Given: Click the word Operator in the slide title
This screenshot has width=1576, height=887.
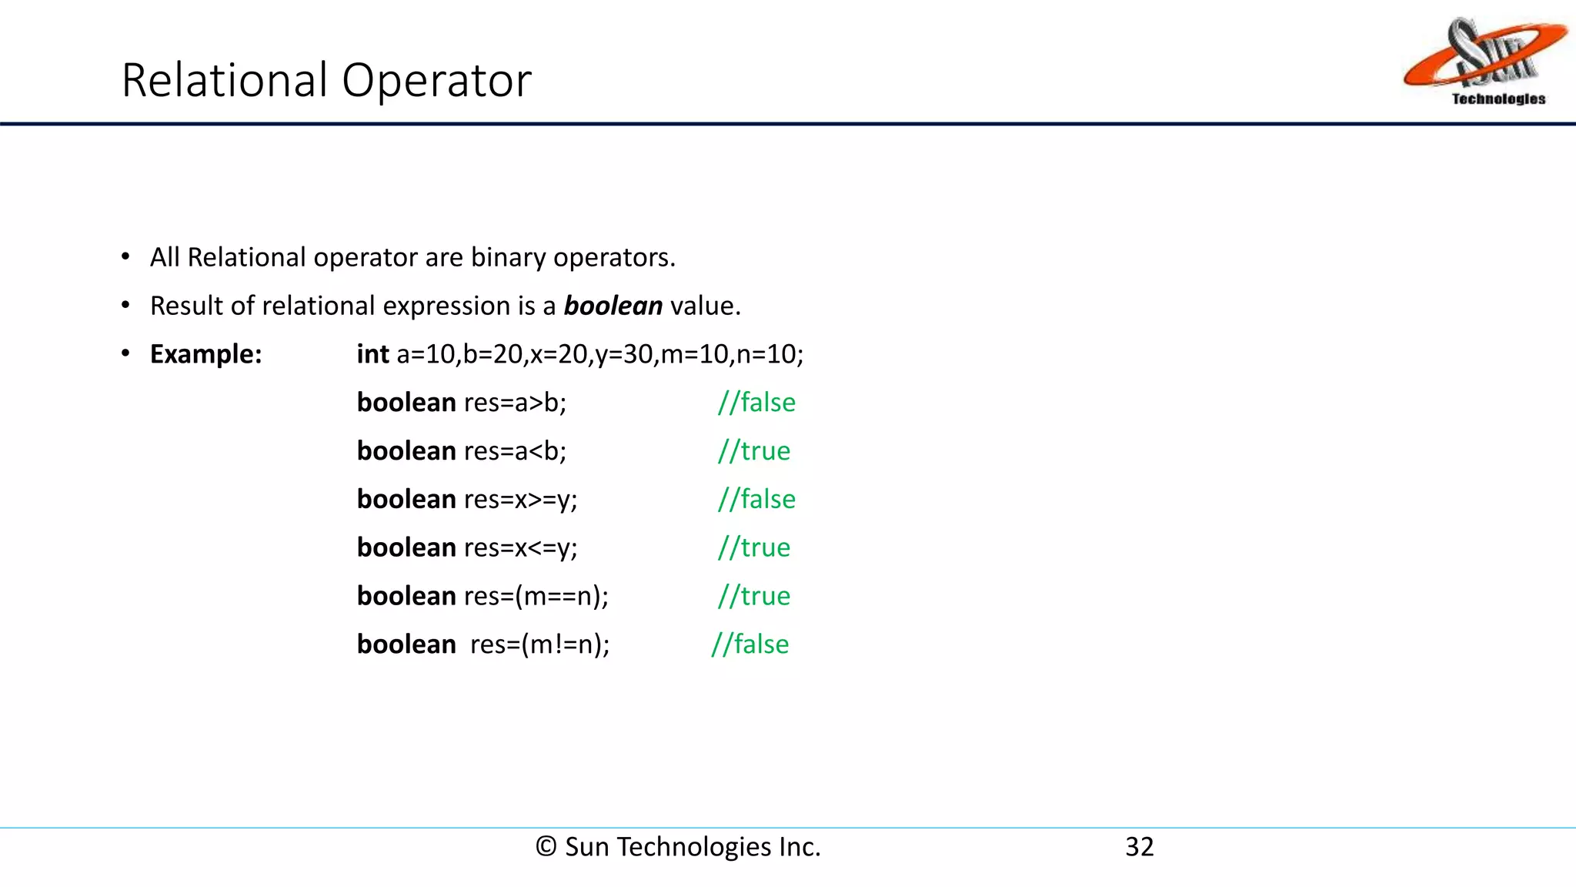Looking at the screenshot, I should click(436, 80).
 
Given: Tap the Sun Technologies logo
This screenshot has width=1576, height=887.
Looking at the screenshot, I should click(1485, 62).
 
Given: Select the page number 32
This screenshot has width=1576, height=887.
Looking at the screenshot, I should click(1139, 847).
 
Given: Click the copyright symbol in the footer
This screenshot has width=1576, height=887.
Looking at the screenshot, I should click(546, 847).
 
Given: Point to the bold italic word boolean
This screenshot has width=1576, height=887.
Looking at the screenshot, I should click(613, 306).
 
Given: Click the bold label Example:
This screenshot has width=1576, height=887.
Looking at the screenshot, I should click(205, 354).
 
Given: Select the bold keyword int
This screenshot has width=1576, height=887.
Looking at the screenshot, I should click(372, 354).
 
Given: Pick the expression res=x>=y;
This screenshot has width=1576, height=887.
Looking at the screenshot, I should click(520, 500).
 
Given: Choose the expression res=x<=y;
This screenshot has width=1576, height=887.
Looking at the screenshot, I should click(520, 547).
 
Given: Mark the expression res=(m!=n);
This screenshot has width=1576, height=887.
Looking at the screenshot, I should click(539, 644).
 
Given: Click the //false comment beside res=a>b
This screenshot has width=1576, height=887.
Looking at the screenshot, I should click(756, 403).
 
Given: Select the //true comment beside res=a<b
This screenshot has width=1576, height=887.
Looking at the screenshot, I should click(753, 451).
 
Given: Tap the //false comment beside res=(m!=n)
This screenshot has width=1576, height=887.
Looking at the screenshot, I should click(750, 644).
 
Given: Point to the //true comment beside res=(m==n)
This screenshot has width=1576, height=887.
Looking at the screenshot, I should click(753, 596).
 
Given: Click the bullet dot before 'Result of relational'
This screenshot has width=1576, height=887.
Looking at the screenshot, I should click(125, 306).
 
